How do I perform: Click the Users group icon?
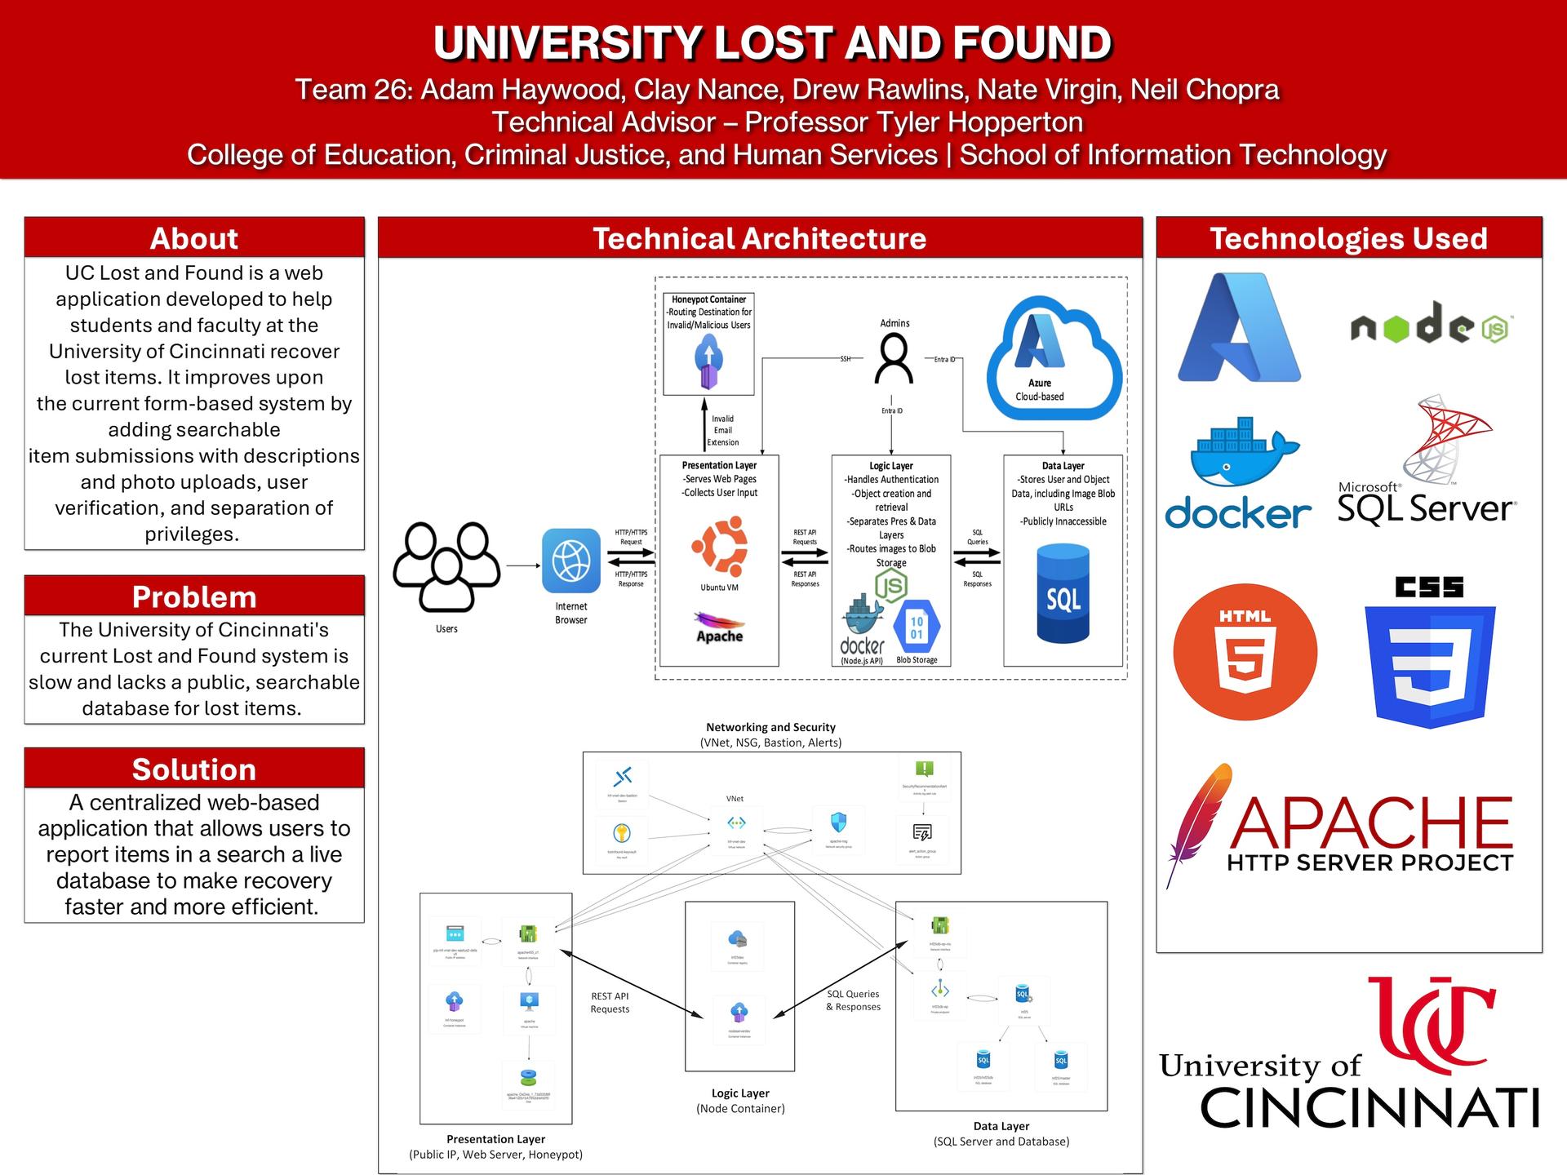(x=446, y=566)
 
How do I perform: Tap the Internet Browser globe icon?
(x=571, y=561)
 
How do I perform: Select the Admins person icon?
(x=894, y=360)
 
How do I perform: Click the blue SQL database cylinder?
(x=1063, y=595)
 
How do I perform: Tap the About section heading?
(x=194, y=238)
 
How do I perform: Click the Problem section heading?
(x=194, y=596)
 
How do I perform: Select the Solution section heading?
(x=194, y=769)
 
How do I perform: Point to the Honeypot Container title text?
(x=708, y=299)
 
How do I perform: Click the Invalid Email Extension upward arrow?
(x=705, y=424)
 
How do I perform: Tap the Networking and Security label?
(x=770, y=727)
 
